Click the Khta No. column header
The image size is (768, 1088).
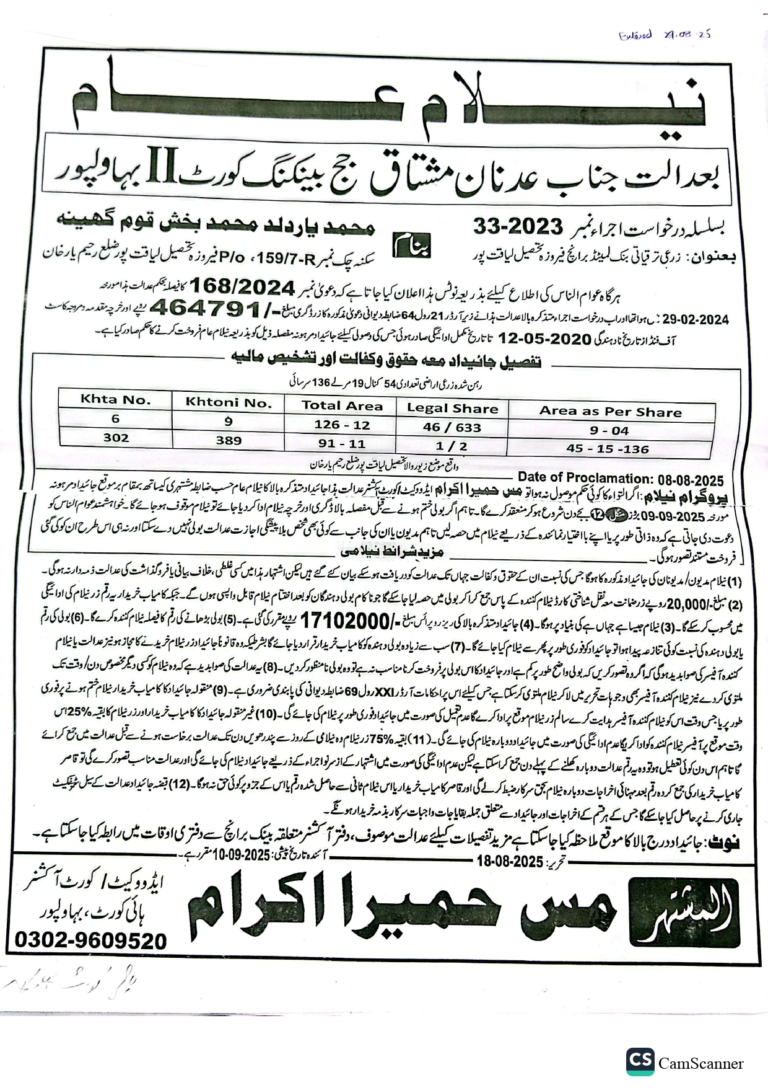click(115, 400)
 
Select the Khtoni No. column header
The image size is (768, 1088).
click(229, 403)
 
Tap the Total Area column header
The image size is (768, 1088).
click(342, 406)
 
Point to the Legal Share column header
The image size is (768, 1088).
click(452, 409)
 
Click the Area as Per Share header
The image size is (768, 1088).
click(610, 412)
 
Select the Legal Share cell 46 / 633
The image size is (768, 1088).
click(452, 427)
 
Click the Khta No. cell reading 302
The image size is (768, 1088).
click(116, 438)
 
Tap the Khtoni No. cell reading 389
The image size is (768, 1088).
click(229, 440)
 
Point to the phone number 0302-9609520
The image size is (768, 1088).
click(90, 941)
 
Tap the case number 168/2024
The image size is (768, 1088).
click(242, 286)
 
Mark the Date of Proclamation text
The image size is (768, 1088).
click(620, 478)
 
